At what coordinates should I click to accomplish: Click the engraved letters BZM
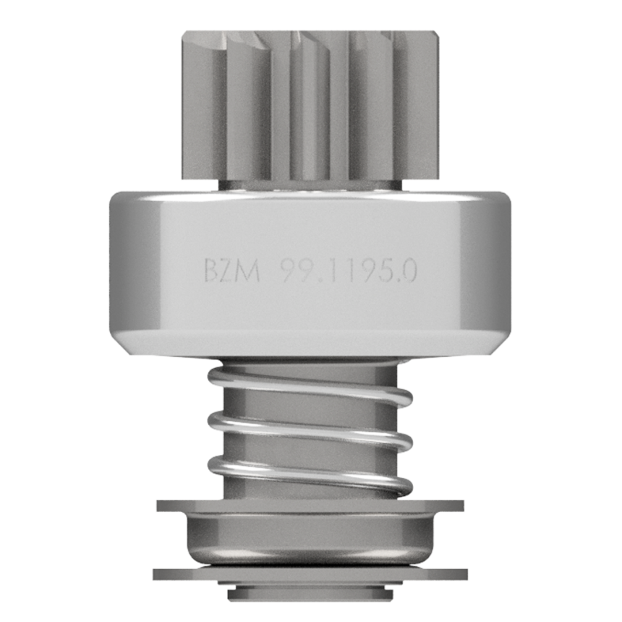pos(232,270)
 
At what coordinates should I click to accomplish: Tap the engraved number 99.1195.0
pos(349,270)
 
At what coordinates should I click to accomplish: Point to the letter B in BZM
pos(210,270)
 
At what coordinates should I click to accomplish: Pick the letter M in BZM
pos(248,270)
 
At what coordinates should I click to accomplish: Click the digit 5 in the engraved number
pos(384,270)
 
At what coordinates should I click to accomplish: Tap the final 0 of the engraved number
pos(409,270)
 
